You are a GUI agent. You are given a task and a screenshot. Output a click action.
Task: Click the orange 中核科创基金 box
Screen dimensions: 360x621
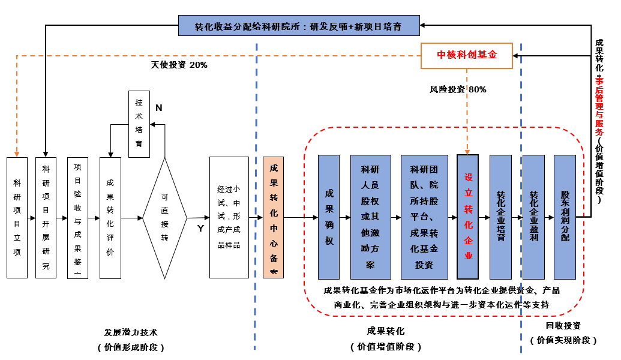click(467, 55)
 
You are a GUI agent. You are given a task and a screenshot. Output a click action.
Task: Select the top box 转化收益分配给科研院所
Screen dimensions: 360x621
click(298, 26)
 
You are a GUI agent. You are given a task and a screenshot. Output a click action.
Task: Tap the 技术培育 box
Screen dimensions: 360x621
click(139, 124)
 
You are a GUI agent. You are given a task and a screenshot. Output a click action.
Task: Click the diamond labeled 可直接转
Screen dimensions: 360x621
click(165, 217)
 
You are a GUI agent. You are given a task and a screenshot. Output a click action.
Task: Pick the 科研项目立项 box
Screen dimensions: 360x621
click(17, 217)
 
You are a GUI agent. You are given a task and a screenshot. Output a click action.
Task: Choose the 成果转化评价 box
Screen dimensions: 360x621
click(110, 217)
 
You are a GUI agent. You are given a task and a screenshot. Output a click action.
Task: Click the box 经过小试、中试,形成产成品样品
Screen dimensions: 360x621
click(229, 217)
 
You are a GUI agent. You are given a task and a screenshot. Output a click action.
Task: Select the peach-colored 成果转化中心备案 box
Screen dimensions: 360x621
click(273, 217)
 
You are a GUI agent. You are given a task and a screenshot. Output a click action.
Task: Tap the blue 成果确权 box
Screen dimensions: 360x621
click(329, 217)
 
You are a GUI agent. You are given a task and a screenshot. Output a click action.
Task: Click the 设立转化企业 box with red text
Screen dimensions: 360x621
click(467, 217)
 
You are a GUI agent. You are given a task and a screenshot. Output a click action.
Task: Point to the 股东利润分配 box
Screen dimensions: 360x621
click(565, 217)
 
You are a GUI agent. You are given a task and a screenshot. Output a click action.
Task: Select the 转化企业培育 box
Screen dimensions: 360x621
click(500, 217)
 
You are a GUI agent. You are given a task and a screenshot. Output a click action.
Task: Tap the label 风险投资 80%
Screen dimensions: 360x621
click(458, 89)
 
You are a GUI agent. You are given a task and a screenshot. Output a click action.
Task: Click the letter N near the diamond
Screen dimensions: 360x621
click(159, 108)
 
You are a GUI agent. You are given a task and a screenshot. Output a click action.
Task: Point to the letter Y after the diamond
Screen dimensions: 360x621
click(200, 229)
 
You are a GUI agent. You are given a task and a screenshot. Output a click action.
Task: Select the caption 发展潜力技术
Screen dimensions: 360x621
click(131, 332)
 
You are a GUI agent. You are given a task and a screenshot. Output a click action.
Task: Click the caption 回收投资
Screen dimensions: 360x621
click(563, 326)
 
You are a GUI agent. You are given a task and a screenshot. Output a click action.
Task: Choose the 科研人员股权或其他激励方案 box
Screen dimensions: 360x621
click(370, 217)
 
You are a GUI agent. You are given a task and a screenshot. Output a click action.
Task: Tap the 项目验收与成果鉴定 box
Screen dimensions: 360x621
click(77, 217)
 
